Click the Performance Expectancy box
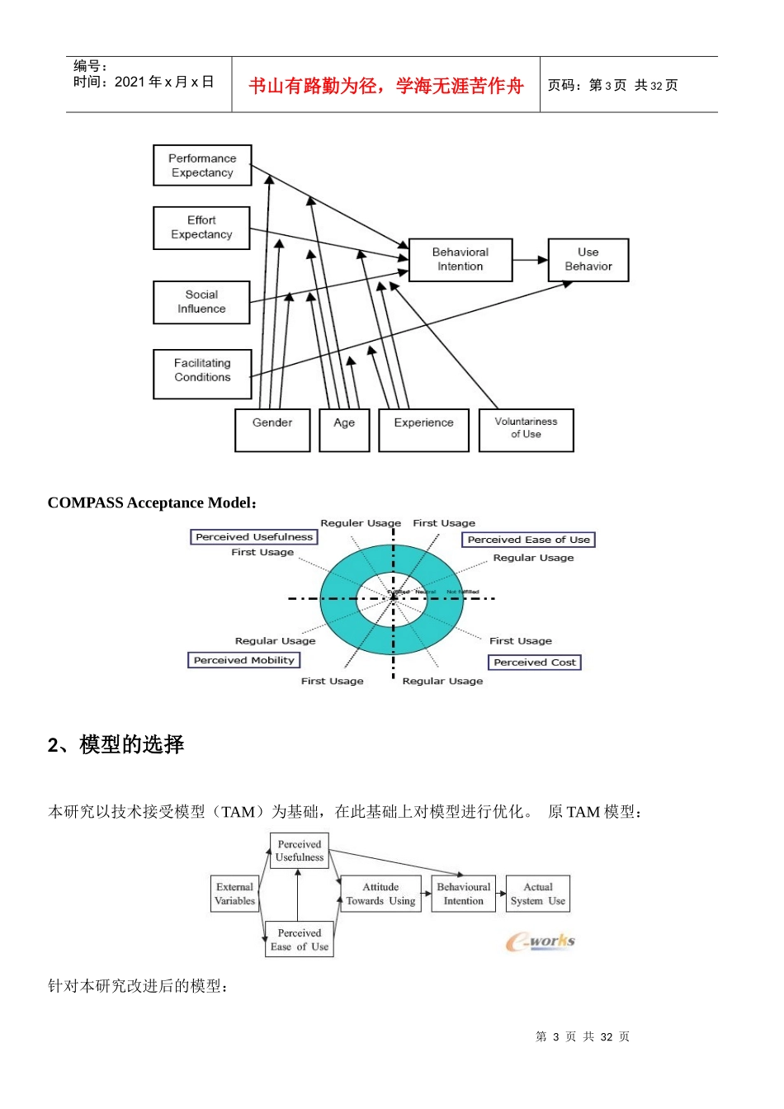click(202, 165)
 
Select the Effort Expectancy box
click(201, 228)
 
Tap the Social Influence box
click(201, 302)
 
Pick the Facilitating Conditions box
click(202, 374)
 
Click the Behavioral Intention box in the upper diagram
click(460, 260)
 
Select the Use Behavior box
click(588, 260)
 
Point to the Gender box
click(272, 430)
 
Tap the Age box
click(344, 430)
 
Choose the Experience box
click(423, 430)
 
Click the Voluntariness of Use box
click(526, 430)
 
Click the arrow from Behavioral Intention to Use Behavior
click(530, 260)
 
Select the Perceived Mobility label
click(244, 660)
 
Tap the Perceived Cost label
click(535, 663)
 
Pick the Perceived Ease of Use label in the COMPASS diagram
click(528, 540)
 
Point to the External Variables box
click(235, 894)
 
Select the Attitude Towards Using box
click(380, 894)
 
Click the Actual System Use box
click(538, 894)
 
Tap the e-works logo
click(541, 941)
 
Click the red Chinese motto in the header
click(386, 86)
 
